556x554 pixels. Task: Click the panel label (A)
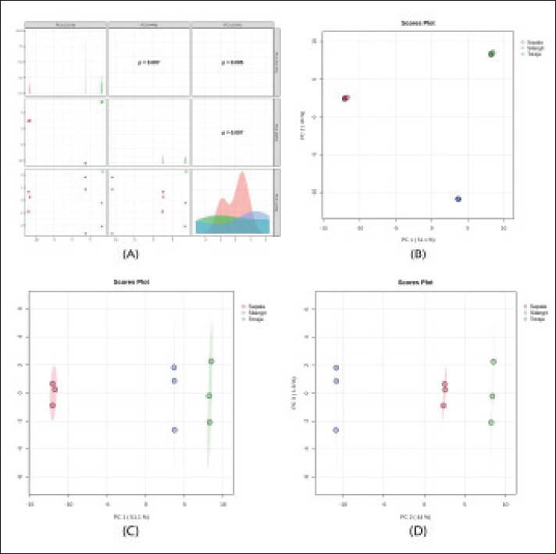pyautogui.click(x=130, y=253)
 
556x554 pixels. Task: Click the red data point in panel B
pyautogui.click(x=344, y=98)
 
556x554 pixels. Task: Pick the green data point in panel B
pyautogui.click(x=491, y=54)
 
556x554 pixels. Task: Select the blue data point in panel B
pyautogui.click(x=458, y=199)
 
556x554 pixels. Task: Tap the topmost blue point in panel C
pyautogui.click(x=174, y=367)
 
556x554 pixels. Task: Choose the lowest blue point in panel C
pyautogui.click(x=174, y=430)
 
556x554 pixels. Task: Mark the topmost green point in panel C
pyautogui.click(x=211, y=361)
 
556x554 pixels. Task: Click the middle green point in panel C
pyautogui.click(x=208, y=395)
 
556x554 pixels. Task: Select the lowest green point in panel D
pyautogui.click(x=491, y=422)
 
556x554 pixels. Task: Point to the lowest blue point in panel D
pyautogui.click(x=336, y=430)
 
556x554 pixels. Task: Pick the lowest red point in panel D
pyautogui.click(x=443, y=406)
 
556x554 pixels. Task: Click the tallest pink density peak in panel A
pyautogui.click(x=242, y=175)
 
